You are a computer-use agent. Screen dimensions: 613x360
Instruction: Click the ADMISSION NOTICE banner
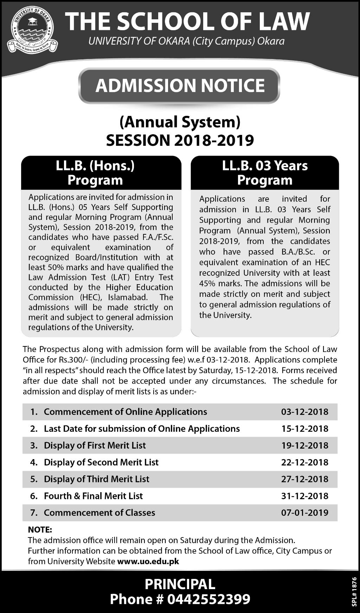pyautogui.click(x=180, y=86)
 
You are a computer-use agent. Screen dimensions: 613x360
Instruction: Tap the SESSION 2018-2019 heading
pyautogui.click(x=180, y=140)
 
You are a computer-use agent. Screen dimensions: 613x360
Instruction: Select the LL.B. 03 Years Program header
pyautogui.click(x=265, y=173)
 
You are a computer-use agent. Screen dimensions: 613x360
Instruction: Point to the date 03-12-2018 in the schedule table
pyautogui.click(x=304, y=412)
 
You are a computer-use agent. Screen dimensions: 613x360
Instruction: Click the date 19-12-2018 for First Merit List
pyautogui.click(x=304, y=445)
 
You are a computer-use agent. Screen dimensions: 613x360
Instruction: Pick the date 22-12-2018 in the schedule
pyautogui.click(x=304, y=462)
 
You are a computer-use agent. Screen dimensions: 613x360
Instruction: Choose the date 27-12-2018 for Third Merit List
pyautogui.click(x=304, y=479)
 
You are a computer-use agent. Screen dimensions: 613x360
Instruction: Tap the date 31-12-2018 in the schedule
pyautogui.click(x=304, y=496)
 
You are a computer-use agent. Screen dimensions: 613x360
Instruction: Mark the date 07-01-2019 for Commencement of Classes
pyautogui.click(x=304, y=513)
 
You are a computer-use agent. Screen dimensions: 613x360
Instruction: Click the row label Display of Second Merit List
pyautogui.click(x=101, y=462)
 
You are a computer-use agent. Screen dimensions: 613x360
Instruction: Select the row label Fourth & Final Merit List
pyautogui.click(x=93, y=496)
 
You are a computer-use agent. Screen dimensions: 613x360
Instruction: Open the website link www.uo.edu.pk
pyautogui.click(x=148, y=561)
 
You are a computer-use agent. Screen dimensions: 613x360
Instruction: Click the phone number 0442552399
pyautogui.click(x=209, y=599)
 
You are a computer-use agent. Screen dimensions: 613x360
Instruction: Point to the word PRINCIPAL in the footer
pyautogui.click(x=180, y=584)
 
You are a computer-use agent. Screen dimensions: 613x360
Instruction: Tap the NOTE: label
pyautogui.click(x=40, y=529)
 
